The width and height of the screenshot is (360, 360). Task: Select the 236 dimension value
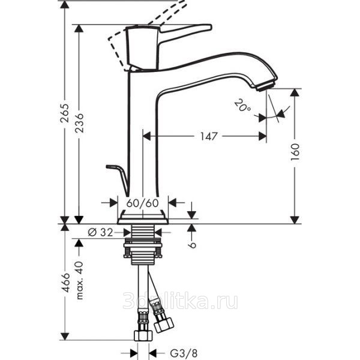[79, 123]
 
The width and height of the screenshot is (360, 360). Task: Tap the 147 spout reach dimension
[209, 136]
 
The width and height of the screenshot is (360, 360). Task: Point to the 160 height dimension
[295, 152]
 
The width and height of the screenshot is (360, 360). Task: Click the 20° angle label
[242, 106]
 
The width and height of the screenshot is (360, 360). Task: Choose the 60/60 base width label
[143, 203]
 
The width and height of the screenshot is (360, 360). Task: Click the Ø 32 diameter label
[101, 233]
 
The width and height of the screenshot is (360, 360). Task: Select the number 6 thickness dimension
[192, 245]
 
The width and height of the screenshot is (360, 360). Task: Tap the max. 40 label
[79, 280]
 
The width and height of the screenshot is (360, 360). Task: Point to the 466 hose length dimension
[65, 283]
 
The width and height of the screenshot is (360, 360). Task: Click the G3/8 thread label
[184, 353]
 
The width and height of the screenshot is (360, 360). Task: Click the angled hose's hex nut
[164, 325]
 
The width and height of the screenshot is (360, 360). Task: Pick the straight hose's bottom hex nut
[143, 336]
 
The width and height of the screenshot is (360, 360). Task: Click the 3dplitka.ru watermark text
[181, 301]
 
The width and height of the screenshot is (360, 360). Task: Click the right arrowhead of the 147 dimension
[262, 136]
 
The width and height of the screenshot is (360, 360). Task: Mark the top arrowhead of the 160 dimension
[295, 92]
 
